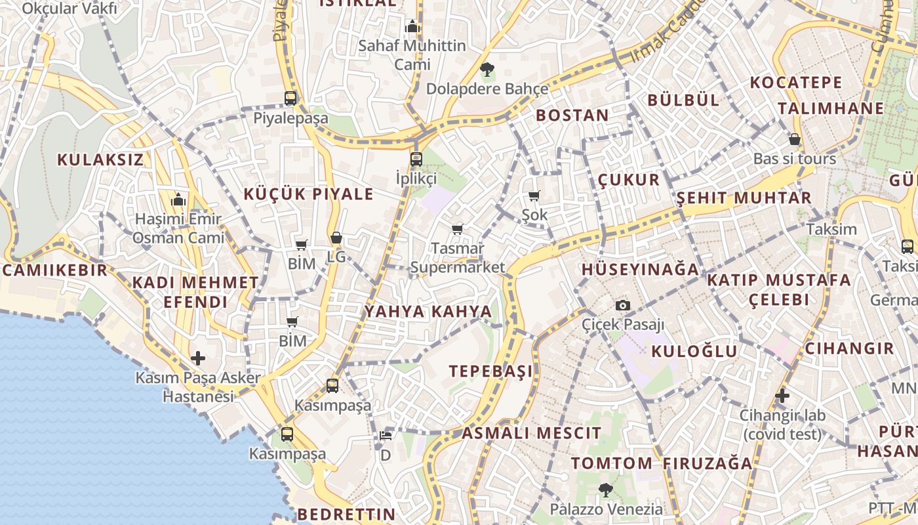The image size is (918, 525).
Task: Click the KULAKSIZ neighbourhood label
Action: coord(100,159)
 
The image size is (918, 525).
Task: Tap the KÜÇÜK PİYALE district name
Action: coord(308,194)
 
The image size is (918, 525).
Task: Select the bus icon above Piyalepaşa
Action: coord(290,98)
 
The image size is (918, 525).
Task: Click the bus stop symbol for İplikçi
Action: coord(416,159)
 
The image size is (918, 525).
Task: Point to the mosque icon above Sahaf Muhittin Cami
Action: coord(412,26)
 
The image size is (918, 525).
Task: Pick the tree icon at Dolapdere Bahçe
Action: coord(487,69)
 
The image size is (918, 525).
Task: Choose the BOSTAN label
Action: coord(572,115)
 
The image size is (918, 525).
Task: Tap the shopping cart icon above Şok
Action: coord(534,196)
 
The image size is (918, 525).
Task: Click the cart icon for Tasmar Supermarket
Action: coord(458,229)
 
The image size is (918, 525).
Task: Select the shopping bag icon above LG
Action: coord(336,238)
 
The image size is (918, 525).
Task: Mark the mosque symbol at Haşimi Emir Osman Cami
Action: coord(178,200)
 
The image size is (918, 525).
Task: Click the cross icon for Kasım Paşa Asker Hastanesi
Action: coord(198,358)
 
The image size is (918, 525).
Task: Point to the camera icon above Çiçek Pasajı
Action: coord(623,305)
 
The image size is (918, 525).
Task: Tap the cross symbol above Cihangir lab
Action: coord(782,396)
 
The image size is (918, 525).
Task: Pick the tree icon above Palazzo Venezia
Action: coord(605,490)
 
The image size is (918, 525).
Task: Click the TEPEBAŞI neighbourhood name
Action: coord(491,371)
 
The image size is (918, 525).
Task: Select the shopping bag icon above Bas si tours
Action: coord(795,139)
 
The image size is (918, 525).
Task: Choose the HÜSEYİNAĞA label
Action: coord(641,269)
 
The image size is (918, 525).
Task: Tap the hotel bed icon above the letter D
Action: coord(386,435)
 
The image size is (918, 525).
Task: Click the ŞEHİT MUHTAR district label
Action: coord(744,198)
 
